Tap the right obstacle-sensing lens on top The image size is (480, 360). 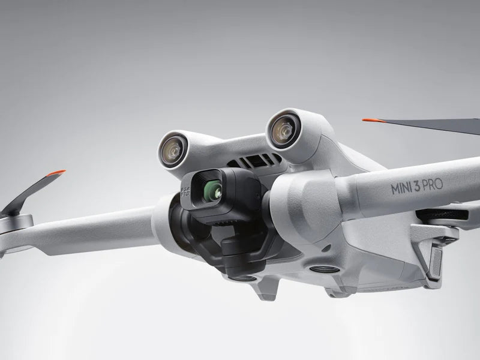(x=281, y=130)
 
